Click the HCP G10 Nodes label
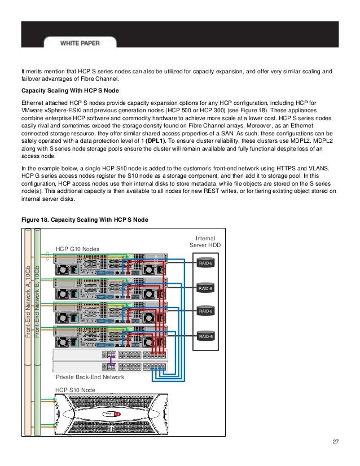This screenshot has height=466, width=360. tap(78, 248)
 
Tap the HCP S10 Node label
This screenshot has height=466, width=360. tap(74, 389)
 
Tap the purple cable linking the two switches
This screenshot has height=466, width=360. tap(113, 359)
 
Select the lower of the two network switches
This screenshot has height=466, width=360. tap(110, 366)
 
